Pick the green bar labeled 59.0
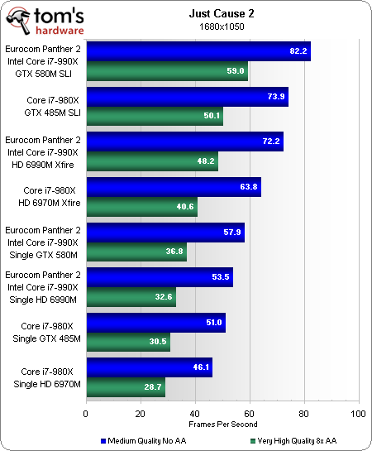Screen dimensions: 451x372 (166, 71)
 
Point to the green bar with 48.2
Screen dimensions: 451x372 (151, 161)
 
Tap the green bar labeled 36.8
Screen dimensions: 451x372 (136, 250)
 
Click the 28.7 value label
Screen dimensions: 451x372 (155, 386)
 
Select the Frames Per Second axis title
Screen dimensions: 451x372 (221, 424)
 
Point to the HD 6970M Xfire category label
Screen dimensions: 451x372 (47, 202)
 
